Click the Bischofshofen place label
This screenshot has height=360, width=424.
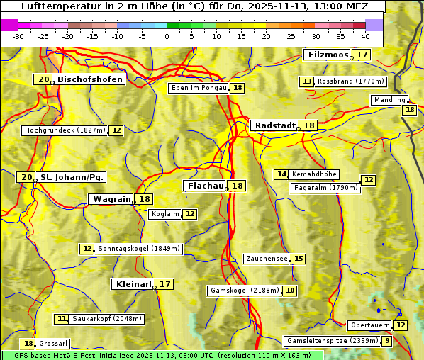coord(90,80)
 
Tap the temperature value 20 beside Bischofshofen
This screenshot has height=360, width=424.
coord(44,80)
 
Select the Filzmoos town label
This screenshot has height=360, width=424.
coord(328,55)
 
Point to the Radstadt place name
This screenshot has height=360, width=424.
coord(274,125)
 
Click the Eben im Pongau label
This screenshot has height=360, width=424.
coord(199,88)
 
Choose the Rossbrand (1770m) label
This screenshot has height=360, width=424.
coord(350,81)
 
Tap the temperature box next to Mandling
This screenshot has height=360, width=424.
coord(409,110)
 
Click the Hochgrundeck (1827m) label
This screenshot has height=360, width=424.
coord(65,130)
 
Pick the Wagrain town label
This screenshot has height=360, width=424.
coord(112,199)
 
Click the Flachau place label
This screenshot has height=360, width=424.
coord(205,186)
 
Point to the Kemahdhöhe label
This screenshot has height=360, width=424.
coord(314,174)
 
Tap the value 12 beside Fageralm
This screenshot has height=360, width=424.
coord(368,180)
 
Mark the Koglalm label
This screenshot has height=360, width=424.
coord(165,214)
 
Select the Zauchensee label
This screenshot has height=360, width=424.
coord(267,259)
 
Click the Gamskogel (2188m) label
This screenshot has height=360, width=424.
coord(245,291)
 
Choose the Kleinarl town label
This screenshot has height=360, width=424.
coord(133,284)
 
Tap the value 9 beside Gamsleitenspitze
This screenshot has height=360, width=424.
coord(386,341)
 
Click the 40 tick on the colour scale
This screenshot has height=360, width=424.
coord(365,36)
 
